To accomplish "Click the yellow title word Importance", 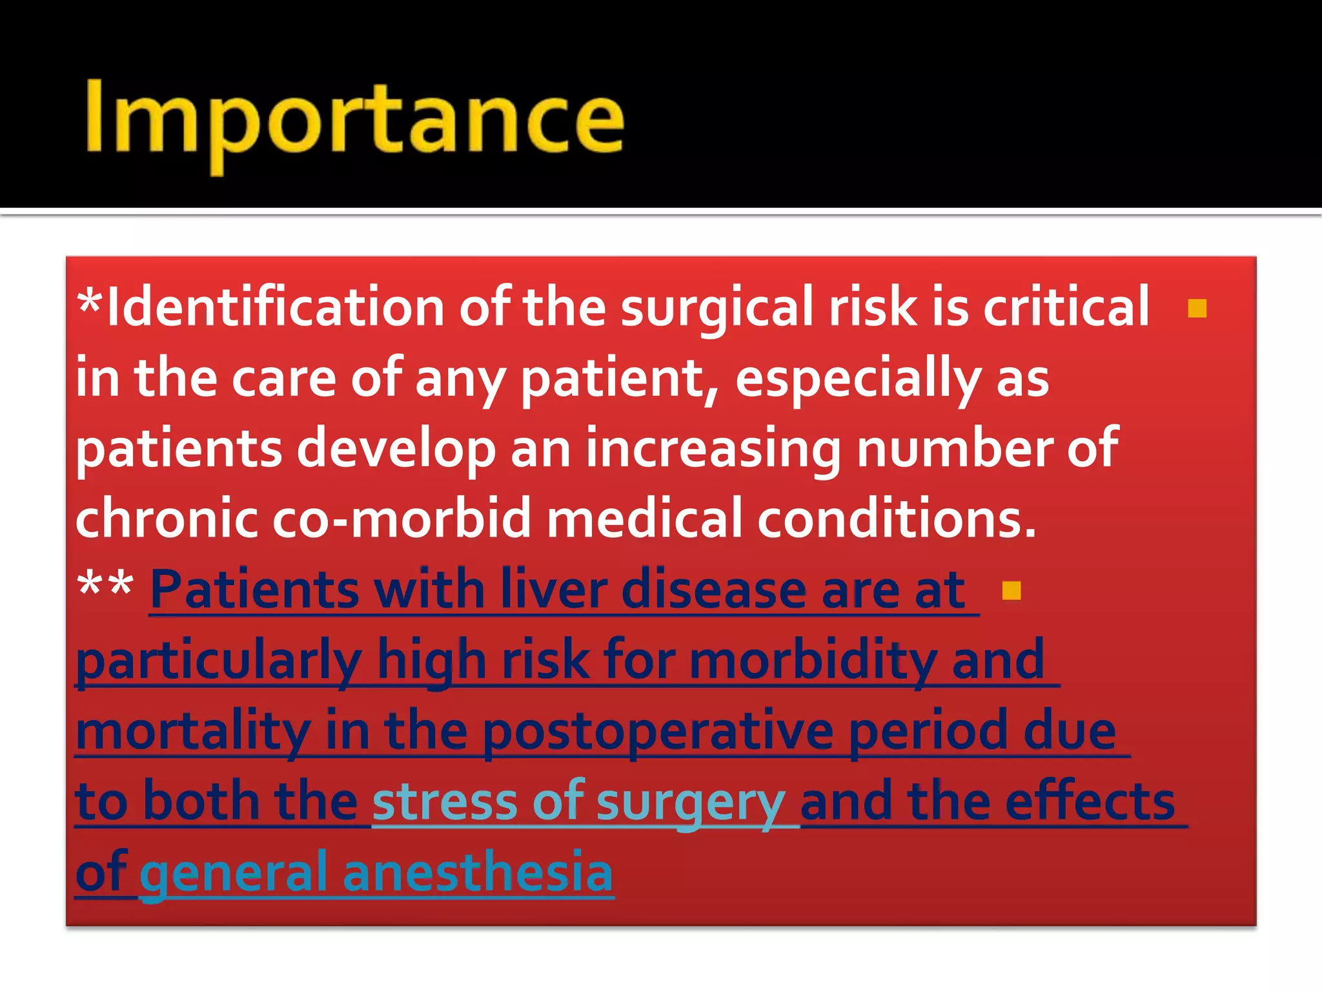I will pyautogui.click(x=354, y=120).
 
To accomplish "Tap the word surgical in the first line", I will pyautogui.click(x=717, y=307).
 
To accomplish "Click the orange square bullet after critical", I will pyautogui.click(x=1197, y=309).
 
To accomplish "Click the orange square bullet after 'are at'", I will pyautogui.click(x=1012, y=590).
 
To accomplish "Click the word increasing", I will pyautogui.click(x=713, y=449).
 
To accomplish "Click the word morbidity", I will pyautogui.click(x=813, y=660).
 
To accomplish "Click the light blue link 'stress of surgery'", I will pyautogui.click(x=578, y=801).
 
